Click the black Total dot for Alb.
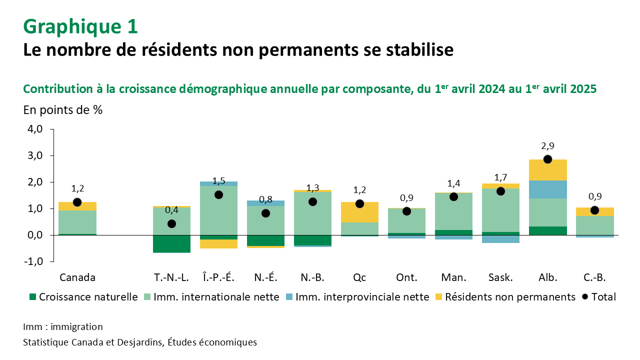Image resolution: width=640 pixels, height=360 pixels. pos(547,159)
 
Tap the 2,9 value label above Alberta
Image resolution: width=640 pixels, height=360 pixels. pos(547,146)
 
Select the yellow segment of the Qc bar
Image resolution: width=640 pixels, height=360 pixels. pos(359,212)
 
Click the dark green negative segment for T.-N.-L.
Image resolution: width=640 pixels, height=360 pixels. pos(171,243)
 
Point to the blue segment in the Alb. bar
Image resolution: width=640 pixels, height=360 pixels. pos(547,189)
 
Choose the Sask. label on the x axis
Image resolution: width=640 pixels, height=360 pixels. pos(500,277)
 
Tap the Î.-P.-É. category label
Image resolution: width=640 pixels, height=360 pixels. pos(218,277)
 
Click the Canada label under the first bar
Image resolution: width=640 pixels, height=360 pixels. pos(77,277)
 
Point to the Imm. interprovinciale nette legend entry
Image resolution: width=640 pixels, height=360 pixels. pos(357,297)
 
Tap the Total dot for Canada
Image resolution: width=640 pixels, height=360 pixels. pos(77,202)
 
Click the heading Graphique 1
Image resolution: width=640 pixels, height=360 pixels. pos(80,27)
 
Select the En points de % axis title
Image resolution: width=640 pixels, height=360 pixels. pos(63,110)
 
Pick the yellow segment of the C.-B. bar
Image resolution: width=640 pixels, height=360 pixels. pos(594,211)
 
